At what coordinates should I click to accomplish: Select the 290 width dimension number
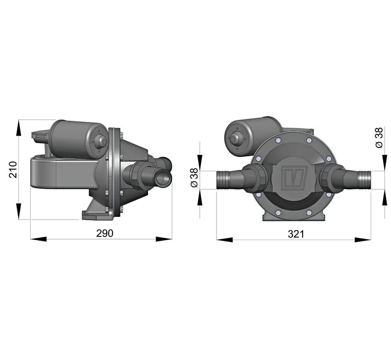tap(105, 233)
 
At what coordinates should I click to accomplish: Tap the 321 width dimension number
tap(296, 234)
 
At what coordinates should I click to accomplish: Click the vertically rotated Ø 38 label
tap(379, 139)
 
